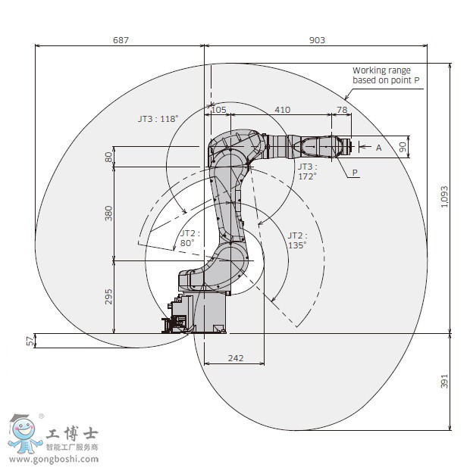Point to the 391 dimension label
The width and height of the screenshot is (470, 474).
444,381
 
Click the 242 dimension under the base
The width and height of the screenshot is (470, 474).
236,358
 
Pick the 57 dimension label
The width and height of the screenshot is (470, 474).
31,341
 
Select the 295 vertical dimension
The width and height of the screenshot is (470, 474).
108,296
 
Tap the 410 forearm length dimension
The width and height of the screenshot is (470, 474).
282,110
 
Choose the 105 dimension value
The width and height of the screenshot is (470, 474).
218,110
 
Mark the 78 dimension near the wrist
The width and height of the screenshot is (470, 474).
342,110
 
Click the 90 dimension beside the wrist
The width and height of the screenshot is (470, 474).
403,147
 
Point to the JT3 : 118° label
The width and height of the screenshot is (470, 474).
157,118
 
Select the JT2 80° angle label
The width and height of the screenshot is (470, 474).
189,239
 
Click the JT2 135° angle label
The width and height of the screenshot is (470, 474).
296,240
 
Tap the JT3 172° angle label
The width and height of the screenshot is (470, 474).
306,171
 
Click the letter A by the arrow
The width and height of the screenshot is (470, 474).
379,148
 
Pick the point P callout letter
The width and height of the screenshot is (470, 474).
354,173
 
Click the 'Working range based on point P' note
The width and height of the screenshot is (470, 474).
386,75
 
